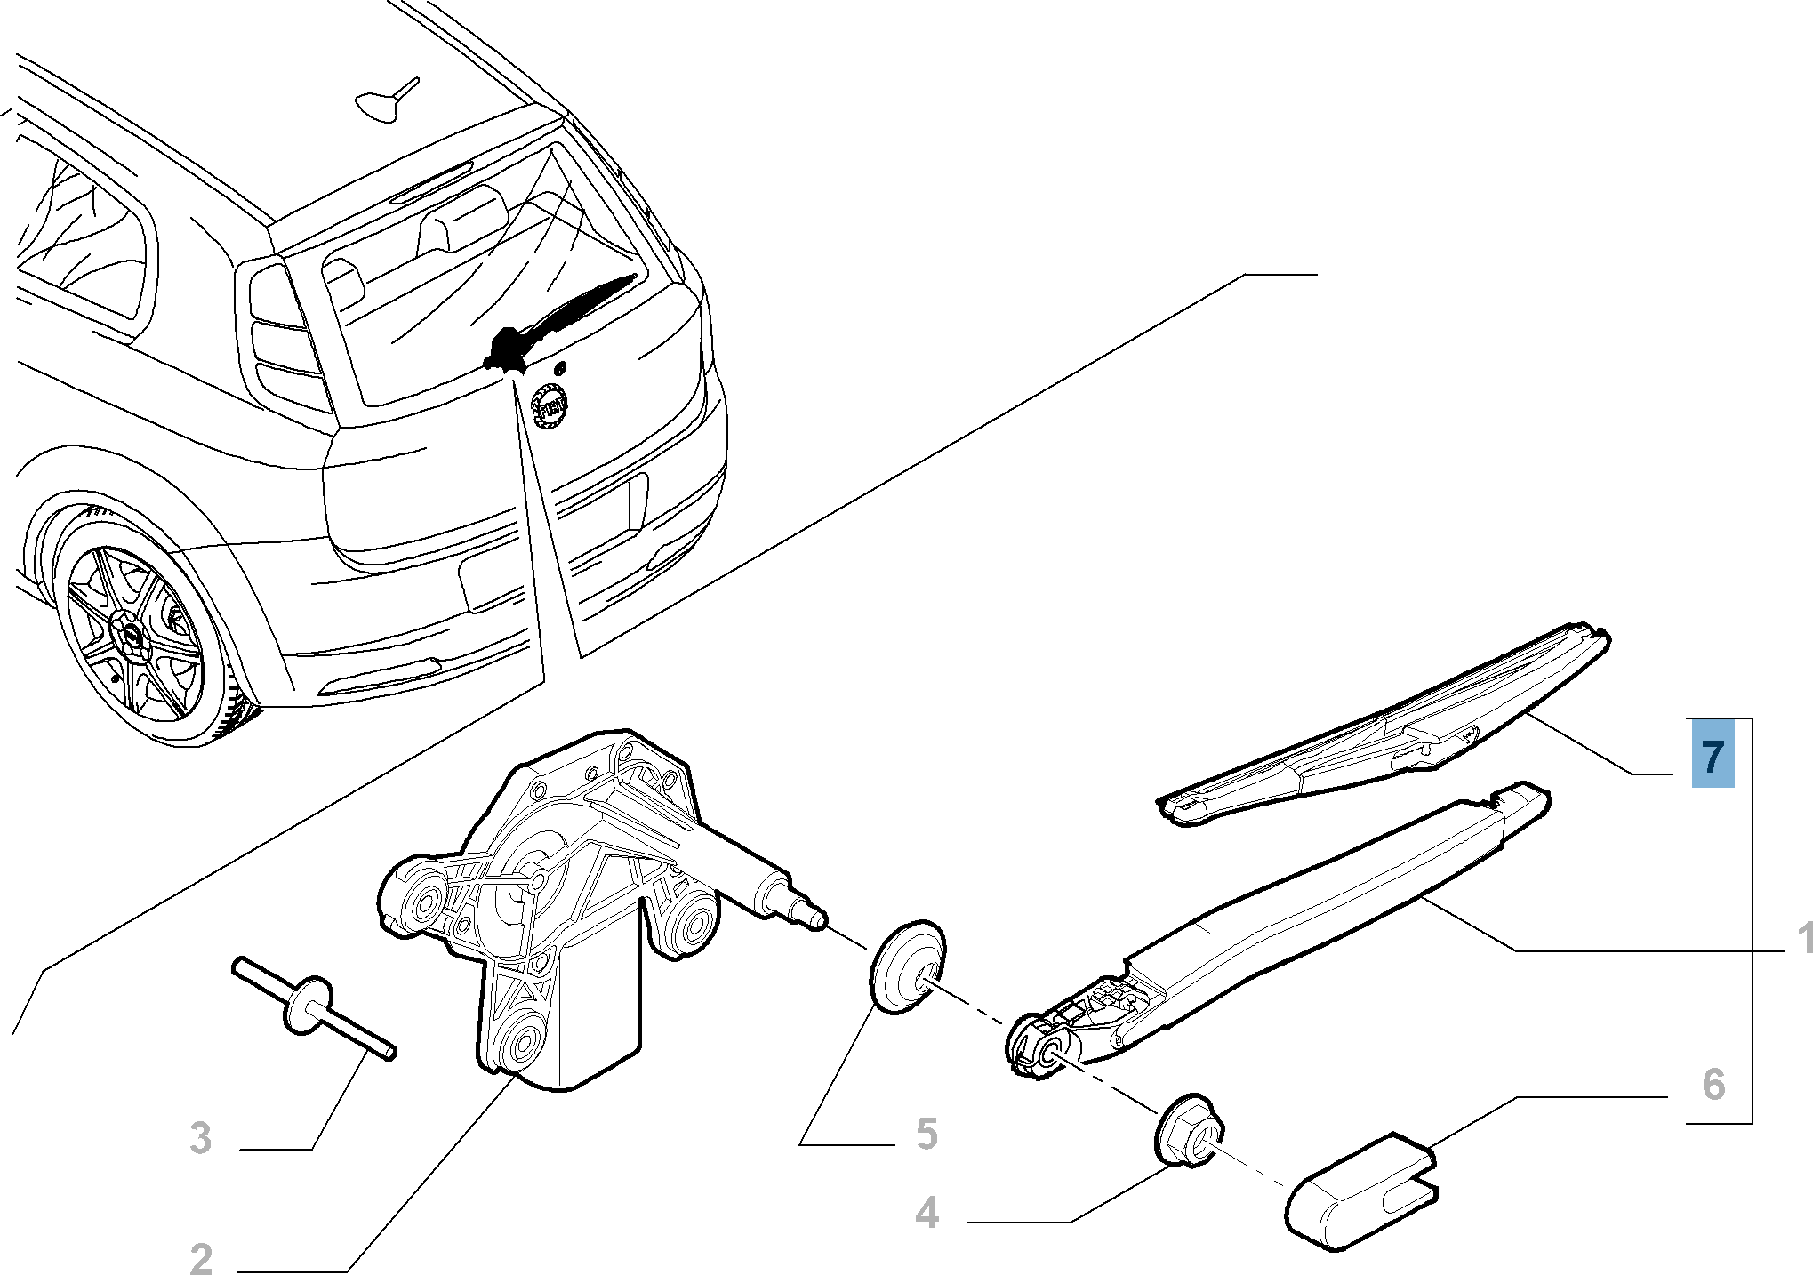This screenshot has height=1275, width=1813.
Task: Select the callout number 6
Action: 1712,1083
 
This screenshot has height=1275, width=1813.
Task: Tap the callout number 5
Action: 926,1134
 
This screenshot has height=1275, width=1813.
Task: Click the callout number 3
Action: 201,1137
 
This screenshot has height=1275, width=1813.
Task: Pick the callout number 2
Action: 201,1259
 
